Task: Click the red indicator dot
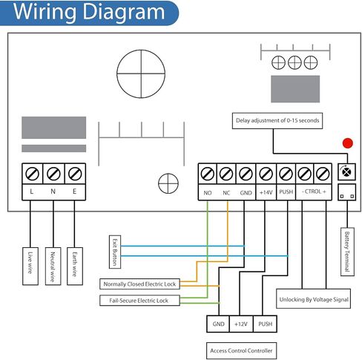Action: point(347,143)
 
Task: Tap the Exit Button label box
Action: point(115,252)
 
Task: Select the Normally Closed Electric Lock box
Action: point(139,284)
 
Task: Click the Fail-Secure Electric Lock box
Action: point(139,301)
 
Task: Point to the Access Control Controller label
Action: point(241,350)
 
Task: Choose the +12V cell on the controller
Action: point(241,324)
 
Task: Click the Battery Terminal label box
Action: point(347,252)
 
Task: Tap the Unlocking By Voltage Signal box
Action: point(313,298)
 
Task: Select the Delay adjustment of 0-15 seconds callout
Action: point(277,121)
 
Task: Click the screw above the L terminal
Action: point(33,174)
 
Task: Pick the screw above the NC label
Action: point(226,174)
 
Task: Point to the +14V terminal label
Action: point(266,192)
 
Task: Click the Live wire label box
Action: point(30,266)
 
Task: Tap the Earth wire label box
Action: point(75,266)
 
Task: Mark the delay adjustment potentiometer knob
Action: point(346,171)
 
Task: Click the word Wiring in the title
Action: point(45,12)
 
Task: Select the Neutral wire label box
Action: point(53,266)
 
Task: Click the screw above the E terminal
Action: point(75,174)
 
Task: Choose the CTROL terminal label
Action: point(314,192)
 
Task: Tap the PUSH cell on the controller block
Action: point(265,324)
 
